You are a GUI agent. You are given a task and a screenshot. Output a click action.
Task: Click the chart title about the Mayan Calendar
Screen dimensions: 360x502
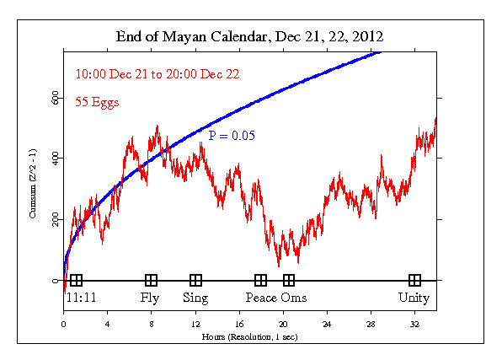(x=250, y=38)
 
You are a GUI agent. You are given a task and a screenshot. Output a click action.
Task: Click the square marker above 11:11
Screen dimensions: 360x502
(x=77, y=281)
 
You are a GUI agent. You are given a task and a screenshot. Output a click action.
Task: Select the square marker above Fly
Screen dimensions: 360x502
(x=152, y=281)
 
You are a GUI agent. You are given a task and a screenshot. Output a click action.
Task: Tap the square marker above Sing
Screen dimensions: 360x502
(x=196, y=281)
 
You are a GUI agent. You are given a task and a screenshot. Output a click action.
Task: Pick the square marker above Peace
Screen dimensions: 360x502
(x=261, y=281)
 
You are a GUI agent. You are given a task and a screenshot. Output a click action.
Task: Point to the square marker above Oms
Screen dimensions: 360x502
(x=290, y=281)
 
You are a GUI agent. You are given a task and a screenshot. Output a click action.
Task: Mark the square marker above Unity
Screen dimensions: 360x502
(x=414, y=281)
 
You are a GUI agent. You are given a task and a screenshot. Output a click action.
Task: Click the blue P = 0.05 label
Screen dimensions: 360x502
(x=232, y=135)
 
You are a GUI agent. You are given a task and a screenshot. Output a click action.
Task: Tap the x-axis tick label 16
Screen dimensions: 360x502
(x=239, y=324)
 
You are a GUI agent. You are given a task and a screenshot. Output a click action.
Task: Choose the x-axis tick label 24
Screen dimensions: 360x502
(x=327, y=324)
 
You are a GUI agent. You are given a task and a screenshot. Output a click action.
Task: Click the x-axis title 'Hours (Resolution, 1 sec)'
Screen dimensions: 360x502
(x=250, y=336)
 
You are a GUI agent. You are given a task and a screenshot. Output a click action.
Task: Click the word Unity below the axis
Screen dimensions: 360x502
(x=414, y=298)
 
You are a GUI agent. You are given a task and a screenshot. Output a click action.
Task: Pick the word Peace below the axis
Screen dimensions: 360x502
(x=261, y=298)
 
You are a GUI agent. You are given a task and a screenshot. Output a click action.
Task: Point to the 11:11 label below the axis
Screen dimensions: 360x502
(x=78, y=298)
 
